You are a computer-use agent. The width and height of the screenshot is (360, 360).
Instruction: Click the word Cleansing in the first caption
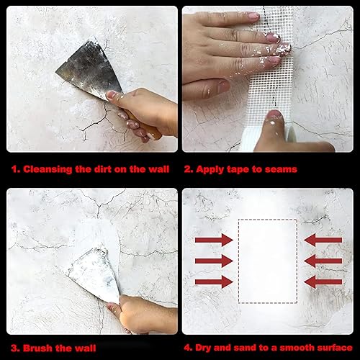tap(48, 169)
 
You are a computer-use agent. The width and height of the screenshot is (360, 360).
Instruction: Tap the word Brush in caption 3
tap(37, 348)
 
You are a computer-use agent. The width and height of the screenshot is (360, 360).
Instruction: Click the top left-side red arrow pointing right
tap(214, 240)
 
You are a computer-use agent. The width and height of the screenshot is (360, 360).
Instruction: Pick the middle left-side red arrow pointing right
tap(214, 261)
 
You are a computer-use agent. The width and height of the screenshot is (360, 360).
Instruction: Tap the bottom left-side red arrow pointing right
tap(214, 282)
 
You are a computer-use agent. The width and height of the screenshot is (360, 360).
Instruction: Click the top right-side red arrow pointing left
tap(323, 240)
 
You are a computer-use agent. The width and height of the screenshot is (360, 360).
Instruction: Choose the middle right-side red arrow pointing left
tap(323, 261)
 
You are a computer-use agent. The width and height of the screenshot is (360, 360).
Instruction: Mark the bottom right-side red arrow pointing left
tap(323, 282)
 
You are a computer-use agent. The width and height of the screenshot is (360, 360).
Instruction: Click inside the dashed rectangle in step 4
tap(268, 261)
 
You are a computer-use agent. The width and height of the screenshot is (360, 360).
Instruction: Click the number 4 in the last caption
tap(187, 348)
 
